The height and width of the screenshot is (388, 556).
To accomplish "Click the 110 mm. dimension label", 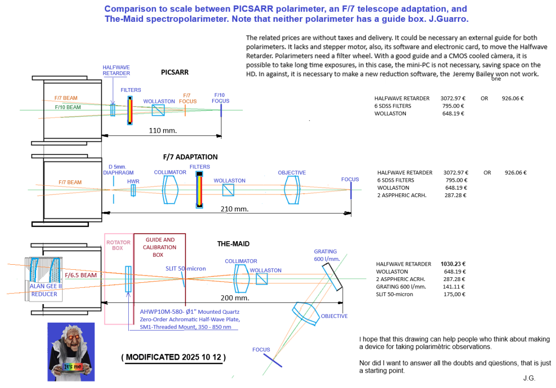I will pos(162,131).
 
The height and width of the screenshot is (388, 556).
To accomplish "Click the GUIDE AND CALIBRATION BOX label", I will pos(160,247).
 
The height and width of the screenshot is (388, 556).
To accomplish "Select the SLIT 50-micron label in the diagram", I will pos(186,268).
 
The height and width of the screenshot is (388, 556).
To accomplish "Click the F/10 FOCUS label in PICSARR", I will pos(221,98).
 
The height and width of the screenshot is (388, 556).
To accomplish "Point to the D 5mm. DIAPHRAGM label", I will pos(114,169).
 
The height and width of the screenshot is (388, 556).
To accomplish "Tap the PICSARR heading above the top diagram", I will pos(174,72).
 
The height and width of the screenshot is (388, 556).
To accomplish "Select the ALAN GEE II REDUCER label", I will pos(44,290).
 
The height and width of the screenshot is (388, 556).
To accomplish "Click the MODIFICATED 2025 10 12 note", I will pos(174,357).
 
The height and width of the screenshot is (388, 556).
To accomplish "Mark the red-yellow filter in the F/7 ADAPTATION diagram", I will pos(200,190).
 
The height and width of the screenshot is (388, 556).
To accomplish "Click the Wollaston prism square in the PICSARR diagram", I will pos(158,110).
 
